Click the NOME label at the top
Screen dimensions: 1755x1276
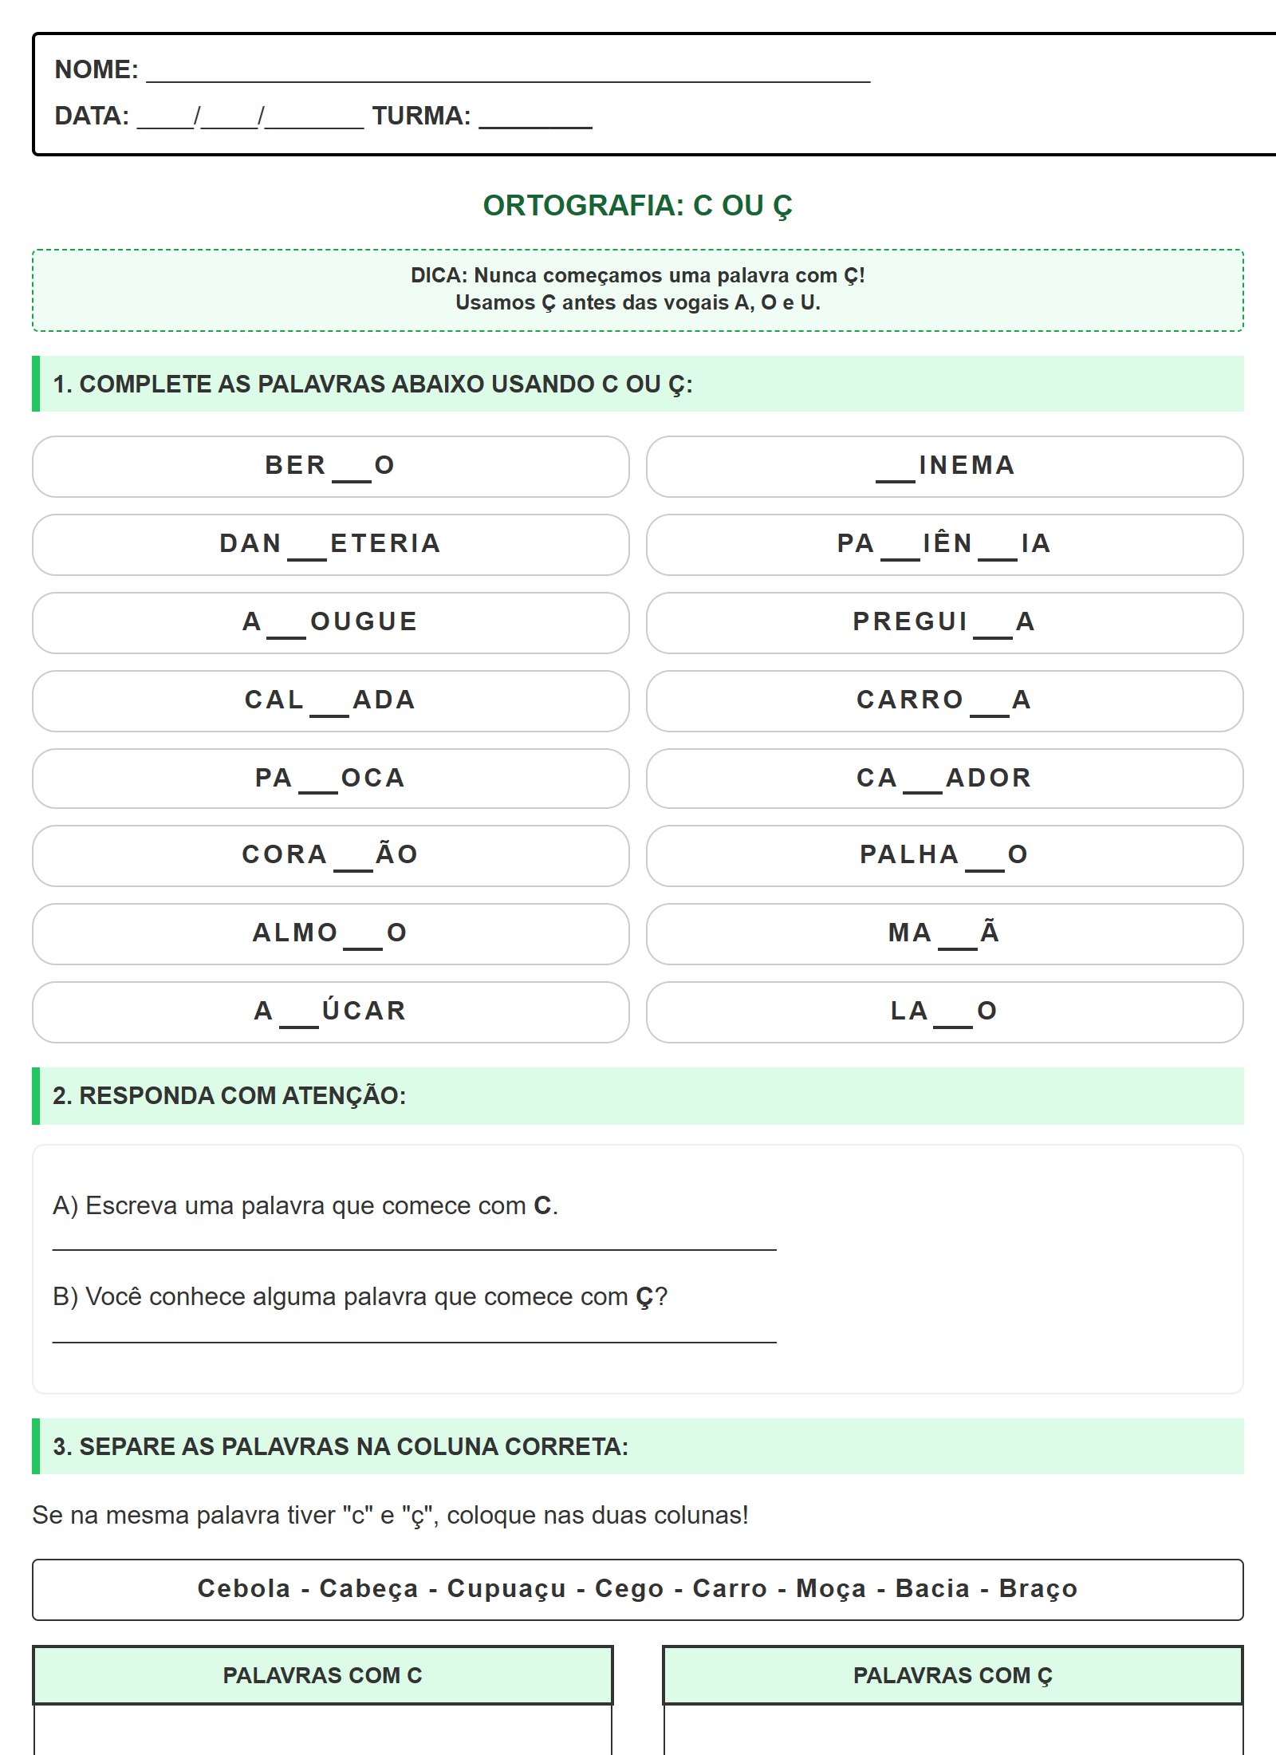96,69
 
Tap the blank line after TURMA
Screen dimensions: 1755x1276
535,120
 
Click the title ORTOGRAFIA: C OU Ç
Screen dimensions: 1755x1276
637,206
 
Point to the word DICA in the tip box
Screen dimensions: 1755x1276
438,276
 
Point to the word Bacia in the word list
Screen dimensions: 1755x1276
932,1588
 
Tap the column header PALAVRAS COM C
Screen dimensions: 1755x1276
322,1675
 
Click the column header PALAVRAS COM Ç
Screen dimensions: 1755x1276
952,1675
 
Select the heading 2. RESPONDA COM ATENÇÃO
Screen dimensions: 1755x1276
229,1096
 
